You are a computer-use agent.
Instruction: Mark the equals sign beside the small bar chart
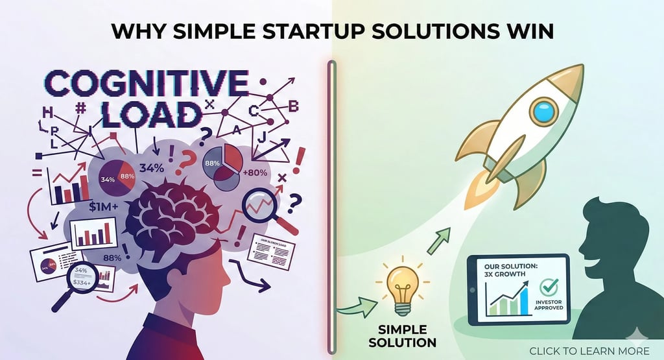(36, 173)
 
